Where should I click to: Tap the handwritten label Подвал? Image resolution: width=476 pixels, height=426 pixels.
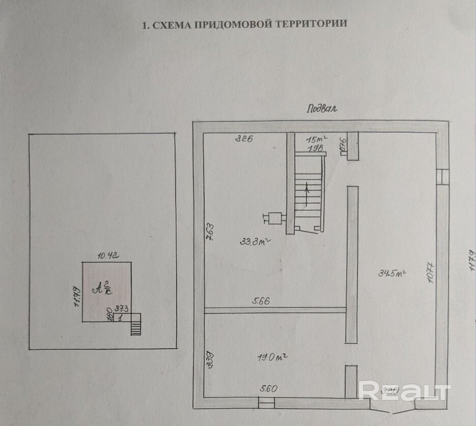(x=322, y=108)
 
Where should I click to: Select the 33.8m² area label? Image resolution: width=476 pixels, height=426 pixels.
(x=255, y=242)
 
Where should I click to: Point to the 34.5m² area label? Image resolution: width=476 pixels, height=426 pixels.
(x=391, y=273)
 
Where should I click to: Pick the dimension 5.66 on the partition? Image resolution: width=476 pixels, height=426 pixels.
(x=261, y=301)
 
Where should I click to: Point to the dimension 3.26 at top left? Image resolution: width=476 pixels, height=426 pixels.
(x=244, y=138)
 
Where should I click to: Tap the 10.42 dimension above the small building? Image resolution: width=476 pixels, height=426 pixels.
(x=108, y=257)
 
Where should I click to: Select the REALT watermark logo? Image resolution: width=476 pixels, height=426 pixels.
(x=405, y=391)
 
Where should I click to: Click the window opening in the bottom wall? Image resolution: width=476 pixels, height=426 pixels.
(x=266, y=403)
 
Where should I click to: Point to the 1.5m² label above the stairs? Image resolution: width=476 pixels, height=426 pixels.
(x=316, y=138)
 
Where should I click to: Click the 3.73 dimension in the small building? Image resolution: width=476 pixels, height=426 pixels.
(x=120, y=308)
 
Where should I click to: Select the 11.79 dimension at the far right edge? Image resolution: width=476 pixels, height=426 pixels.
(x=471, y=262)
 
